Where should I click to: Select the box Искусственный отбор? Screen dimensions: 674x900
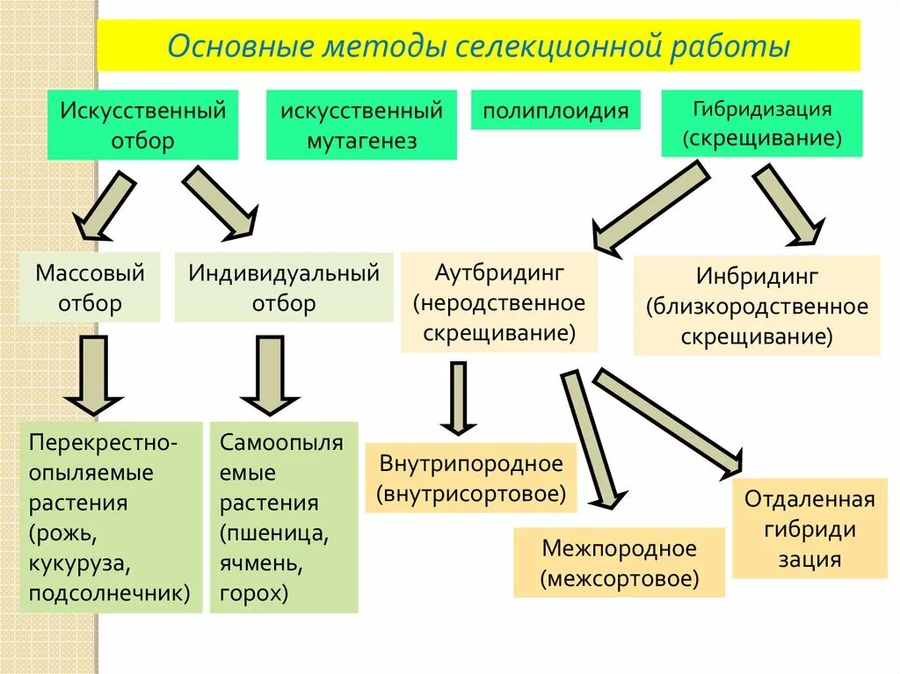[x=142, y=125]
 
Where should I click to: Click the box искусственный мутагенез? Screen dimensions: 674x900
[x=361, y=125]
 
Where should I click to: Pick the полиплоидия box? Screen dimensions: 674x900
[x=555, y=110]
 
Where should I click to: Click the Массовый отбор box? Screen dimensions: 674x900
[x=90, y=287]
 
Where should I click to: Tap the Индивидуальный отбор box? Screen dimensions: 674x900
[x=284, y=287]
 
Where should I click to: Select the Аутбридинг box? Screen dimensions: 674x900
[x=499, y=302]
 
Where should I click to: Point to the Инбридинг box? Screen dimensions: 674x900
[x=757, y=306]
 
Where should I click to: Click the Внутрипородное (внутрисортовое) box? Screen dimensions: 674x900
[x=471, y=478]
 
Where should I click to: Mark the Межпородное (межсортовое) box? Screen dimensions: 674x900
[x=619, y=562]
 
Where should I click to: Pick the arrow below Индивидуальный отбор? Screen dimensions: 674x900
[x=269, y=373]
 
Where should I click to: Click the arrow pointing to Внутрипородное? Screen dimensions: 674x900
[x=458, y=397]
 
